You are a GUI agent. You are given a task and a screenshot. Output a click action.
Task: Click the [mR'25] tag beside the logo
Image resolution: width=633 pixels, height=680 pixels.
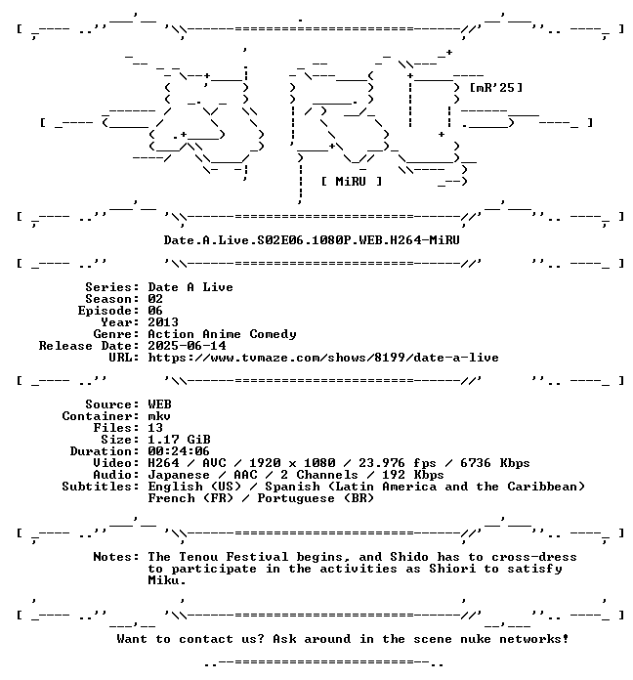[x=496, y=88]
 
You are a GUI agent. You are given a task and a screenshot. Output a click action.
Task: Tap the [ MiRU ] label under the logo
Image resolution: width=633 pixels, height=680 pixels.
[x=352, y=182]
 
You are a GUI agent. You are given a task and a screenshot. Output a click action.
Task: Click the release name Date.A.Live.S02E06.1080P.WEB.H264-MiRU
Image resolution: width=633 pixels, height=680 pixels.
[x=312, y=239]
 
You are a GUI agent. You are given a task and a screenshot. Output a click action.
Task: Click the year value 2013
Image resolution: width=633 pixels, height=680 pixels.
[x=163, y=322]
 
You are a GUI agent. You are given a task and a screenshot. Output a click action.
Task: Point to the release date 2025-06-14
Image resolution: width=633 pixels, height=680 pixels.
[x=187, y=346]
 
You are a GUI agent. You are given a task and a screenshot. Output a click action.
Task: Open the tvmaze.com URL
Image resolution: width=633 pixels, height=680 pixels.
[x=323, y=358]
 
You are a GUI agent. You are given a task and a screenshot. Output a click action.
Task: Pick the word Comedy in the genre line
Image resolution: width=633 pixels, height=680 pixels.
[x=273, y=334]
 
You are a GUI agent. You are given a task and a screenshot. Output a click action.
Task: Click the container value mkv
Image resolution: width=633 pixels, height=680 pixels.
[x=159, y=416]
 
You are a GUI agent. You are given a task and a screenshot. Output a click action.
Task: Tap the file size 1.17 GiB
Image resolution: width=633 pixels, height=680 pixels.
[x=179, y=440]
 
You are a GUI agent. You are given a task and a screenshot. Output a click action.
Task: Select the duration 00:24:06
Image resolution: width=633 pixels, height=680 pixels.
[x=179, y=451]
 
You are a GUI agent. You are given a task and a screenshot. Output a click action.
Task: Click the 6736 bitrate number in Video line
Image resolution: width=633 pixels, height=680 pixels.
[x=475, y=463]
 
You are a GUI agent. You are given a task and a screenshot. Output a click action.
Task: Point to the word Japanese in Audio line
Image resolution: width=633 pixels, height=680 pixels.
[x=179, y=475]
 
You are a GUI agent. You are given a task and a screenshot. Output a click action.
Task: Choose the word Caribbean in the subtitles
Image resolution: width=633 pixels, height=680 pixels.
[x=542, y=487]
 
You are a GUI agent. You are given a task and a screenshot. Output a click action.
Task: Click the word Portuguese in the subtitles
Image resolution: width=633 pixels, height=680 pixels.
[x=296, y=498]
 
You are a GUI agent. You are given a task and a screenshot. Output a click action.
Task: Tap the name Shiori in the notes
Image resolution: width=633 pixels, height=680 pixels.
[x=452, y=569]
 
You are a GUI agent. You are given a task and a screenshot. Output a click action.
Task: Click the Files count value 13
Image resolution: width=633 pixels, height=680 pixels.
[x=155, y=428]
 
